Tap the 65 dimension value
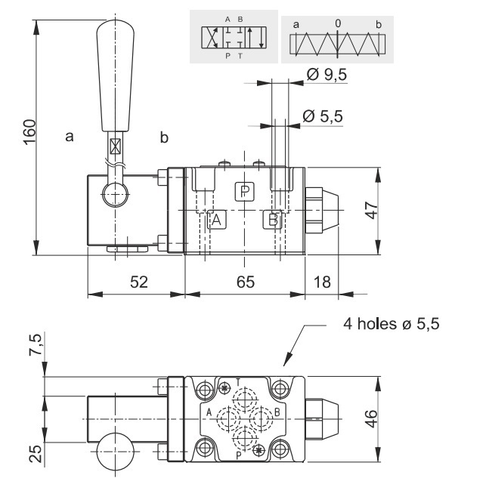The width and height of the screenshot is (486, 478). pyautogui.click(x=244, y=282)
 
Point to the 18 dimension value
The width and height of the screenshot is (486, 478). pyautogui.click(x=322, y=282)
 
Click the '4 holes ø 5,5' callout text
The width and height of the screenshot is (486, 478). pyautogui.click(x=385, y=325)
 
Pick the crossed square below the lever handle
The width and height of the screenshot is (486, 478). pyautogui.click(x=116, y=146)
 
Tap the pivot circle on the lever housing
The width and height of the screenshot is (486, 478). pyautogui.click(x=116, y=196)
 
